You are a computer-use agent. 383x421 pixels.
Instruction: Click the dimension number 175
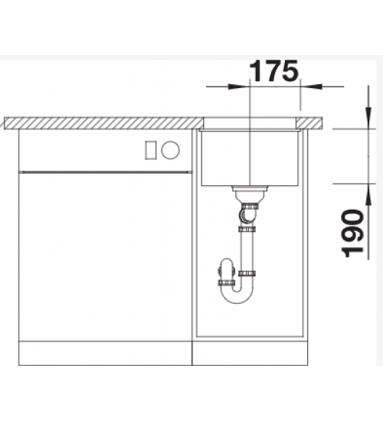(x=274, y=70)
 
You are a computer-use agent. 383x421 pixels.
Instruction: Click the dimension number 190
(x=352, y=233)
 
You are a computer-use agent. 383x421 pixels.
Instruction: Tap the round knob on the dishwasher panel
(x=170, y=150)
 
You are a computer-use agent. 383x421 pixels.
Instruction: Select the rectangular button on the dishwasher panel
(x=150, y=150)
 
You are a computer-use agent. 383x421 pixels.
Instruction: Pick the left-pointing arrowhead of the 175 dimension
(x=311, y=86)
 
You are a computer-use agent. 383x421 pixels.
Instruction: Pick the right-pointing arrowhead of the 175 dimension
(x=239, y=86)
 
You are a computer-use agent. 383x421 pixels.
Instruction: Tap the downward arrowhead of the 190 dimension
(x=368, y=118)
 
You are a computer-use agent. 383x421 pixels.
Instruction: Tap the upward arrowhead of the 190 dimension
(x=368, y=195)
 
